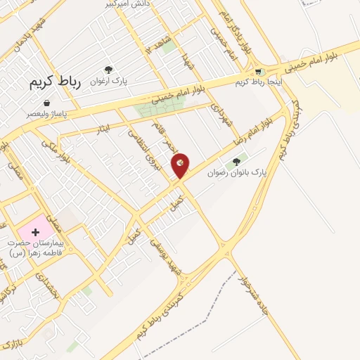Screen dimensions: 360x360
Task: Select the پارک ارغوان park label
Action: (x=108, y=80)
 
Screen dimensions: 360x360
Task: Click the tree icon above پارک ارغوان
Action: (x=108, y=70)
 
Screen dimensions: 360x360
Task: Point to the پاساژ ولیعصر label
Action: (x=46, y=113)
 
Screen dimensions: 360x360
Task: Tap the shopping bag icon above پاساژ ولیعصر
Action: (x=46, y=103)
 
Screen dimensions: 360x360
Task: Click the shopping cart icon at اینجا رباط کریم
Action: (x=259, y=71)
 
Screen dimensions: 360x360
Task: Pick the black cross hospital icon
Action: (x=35, y=231)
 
